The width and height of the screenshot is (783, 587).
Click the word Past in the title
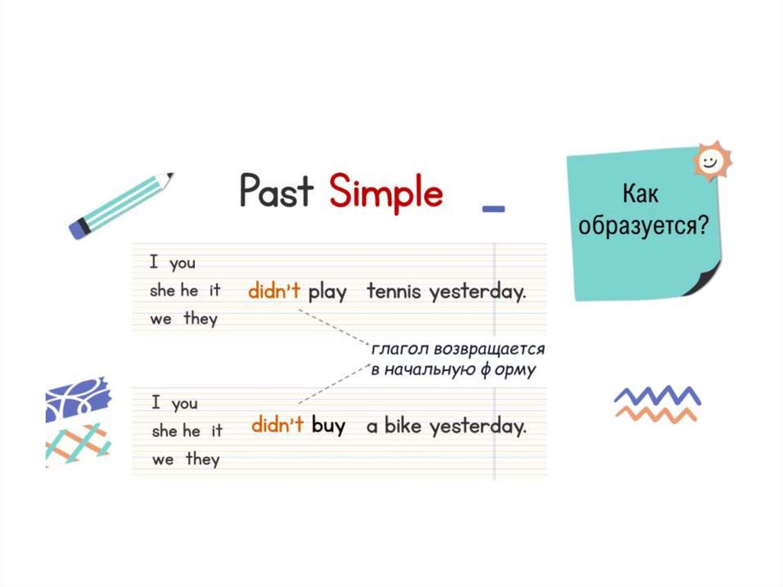(x=276, y=191)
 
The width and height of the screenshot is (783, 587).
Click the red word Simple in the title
(x=386, y=192)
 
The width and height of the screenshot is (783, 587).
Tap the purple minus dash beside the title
(x=494, y=207)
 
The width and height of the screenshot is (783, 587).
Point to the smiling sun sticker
(x=711, y=161)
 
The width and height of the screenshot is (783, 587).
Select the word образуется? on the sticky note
(x=642, y=227)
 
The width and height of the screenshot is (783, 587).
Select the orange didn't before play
(x=275, y=292)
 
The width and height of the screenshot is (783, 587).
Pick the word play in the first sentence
(x=327, y=293)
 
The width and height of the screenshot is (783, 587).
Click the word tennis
(x=394, y=292)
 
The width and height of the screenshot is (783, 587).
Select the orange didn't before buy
(x=278, y=426)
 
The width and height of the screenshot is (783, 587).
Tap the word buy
(x=329, y=426)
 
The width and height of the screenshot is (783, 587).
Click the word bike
(x=403, y=426)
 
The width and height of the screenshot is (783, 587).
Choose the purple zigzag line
(x=657, y=396)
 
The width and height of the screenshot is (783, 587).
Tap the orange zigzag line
(x=656, y=414)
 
